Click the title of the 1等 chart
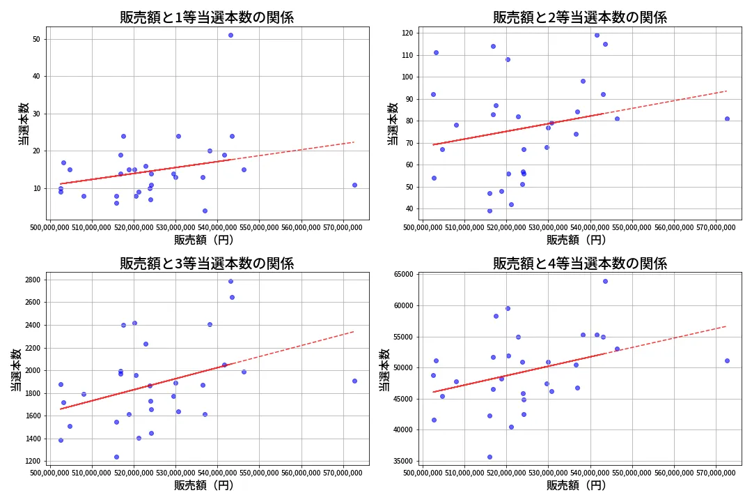tap(207, 17)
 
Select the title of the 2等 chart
tap(580, 17)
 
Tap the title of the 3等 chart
tap(207, 264)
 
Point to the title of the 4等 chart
tap(580, 264)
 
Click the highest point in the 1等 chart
tap(230, 35)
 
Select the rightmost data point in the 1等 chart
tap(354, 185)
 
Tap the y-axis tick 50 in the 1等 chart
tap(36, 39)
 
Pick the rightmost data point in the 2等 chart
tap(727, 119)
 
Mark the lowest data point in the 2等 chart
tap(489, 211)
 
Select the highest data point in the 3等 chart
tap(230, 281)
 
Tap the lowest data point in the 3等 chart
tap(116, 457)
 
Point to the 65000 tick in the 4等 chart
tap(403, 275)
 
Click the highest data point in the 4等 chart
tap(605, 281)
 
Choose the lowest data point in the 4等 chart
tap(489, 457)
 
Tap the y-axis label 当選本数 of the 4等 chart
tap(384, 370)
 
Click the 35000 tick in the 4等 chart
tap(403, 461)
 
